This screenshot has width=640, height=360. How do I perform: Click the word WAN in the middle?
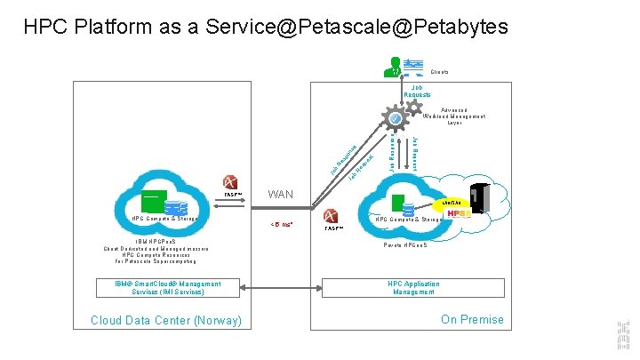pos(281,194)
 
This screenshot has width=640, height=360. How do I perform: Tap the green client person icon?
pos(391,65)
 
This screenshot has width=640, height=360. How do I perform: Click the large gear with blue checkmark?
pos(395,117)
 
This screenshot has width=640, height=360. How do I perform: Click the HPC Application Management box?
pos(413,287)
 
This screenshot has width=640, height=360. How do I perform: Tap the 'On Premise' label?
pos(471,319)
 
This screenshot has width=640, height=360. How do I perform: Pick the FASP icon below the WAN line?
pos(333,218)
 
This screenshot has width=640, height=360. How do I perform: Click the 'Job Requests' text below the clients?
pos(417,91)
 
